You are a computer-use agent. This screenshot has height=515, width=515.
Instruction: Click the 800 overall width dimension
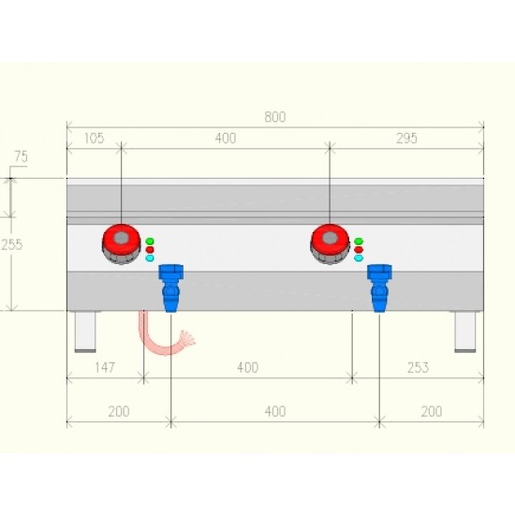pyautogui.click(x=275, y=117)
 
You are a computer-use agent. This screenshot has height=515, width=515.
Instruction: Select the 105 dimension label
pyautogui.click(x=95, y=139)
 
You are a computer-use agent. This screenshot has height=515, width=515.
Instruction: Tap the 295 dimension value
pyautogui.click(x=406, y=139)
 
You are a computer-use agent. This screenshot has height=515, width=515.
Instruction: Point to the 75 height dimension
pyautogui.click(x=21, y=156)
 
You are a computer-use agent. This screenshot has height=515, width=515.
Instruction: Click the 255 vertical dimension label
pyautogui.click(x=12, y=244)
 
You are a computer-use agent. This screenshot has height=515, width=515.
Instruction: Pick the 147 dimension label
pyautogui.click(x=105, y=367)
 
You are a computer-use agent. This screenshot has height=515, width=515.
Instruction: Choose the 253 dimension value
pyautogui.click(x=418, y=367)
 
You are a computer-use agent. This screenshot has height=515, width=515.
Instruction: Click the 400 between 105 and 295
pyautogui.click(x=226, y=139)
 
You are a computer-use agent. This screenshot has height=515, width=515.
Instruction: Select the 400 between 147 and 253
pyautogui.click(x=247, y=367)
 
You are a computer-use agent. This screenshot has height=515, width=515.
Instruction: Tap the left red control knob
pyautogui.click(x=121, y=243)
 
